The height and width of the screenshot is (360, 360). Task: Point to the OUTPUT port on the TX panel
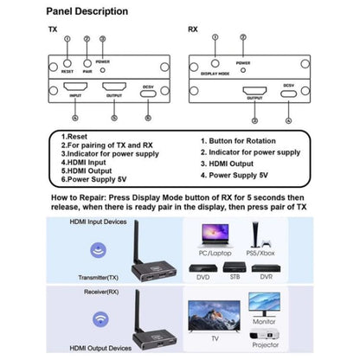click(114, 88)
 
